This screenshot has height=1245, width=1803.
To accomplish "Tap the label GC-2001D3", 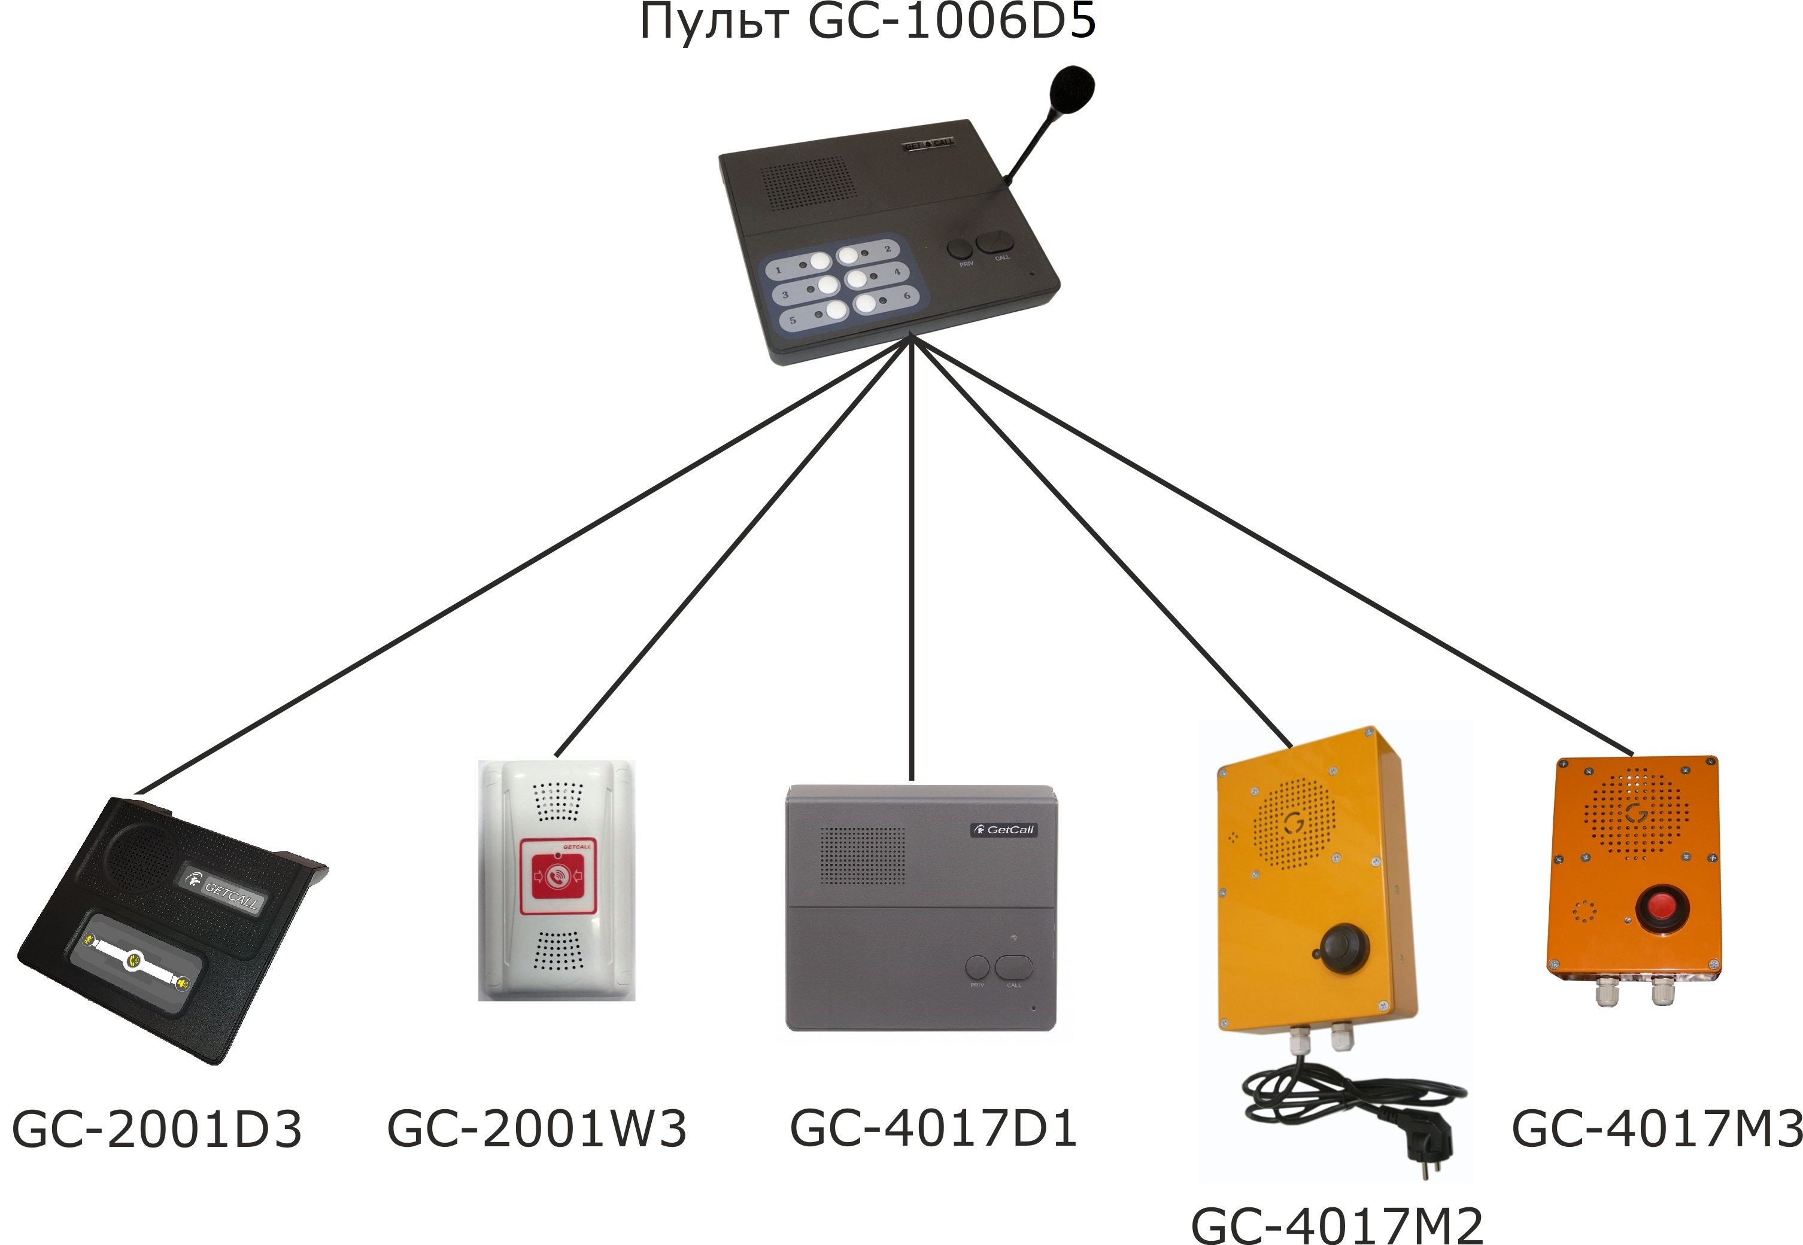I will pos(157,1129).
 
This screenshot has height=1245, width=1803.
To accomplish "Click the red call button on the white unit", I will pos(557,875).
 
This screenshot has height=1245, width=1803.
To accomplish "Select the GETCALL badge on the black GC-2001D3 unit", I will pos(224,888).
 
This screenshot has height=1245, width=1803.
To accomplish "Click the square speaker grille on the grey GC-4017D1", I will pos(863,856).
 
